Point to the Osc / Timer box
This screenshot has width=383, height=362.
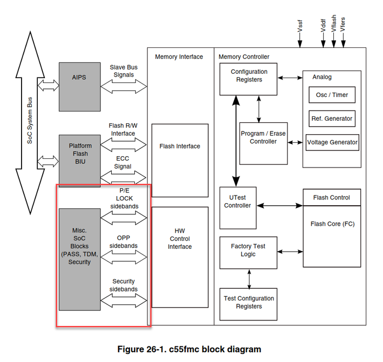(332, 95)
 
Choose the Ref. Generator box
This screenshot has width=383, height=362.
(332, 119)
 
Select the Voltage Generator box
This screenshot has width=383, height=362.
(332, 142)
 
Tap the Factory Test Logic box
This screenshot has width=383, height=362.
(248, 251)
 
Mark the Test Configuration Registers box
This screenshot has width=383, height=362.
(249, 303)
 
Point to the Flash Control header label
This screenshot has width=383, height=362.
(331, 198)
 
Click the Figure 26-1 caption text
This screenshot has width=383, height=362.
(189, 349)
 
